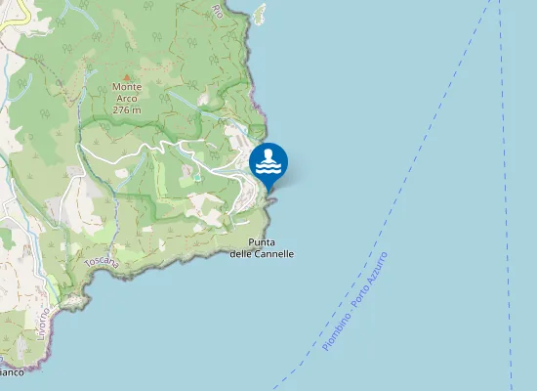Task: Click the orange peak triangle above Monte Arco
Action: point(127,76)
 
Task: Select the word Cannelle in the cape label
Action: point(275,253)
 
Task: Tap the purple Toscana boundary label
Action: point(101,263)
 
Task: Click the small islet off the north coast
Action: point(259,14)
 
